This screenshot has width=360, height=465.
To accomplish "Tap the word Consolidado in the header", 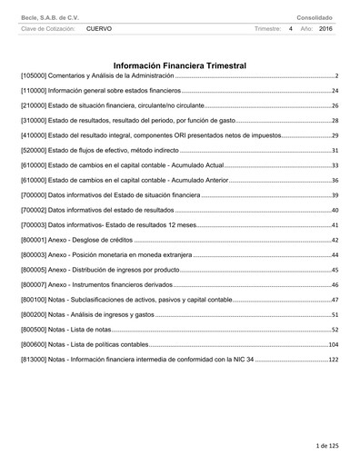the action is [x=315, y=17].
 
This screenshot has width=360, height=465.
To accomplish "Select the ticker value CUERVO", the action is [x=99, y=29].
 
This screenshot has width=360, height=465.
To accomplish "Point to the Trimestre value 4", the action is [x=290, y=29].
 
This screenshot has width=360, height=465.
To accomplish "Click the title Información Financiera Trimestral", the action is [x=180, y=65].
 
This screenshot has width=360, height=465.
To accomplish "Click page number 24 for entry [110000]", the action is [x=335, y=91].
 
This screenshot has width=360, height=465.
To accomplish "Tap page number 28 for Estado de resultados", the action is [x=335, y=120].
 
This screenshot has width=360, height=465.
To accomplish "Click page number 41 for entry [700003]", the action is [x=335, y=224].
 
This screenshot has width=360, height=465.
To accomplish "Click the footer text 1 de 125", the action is [x=326, y=447].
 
